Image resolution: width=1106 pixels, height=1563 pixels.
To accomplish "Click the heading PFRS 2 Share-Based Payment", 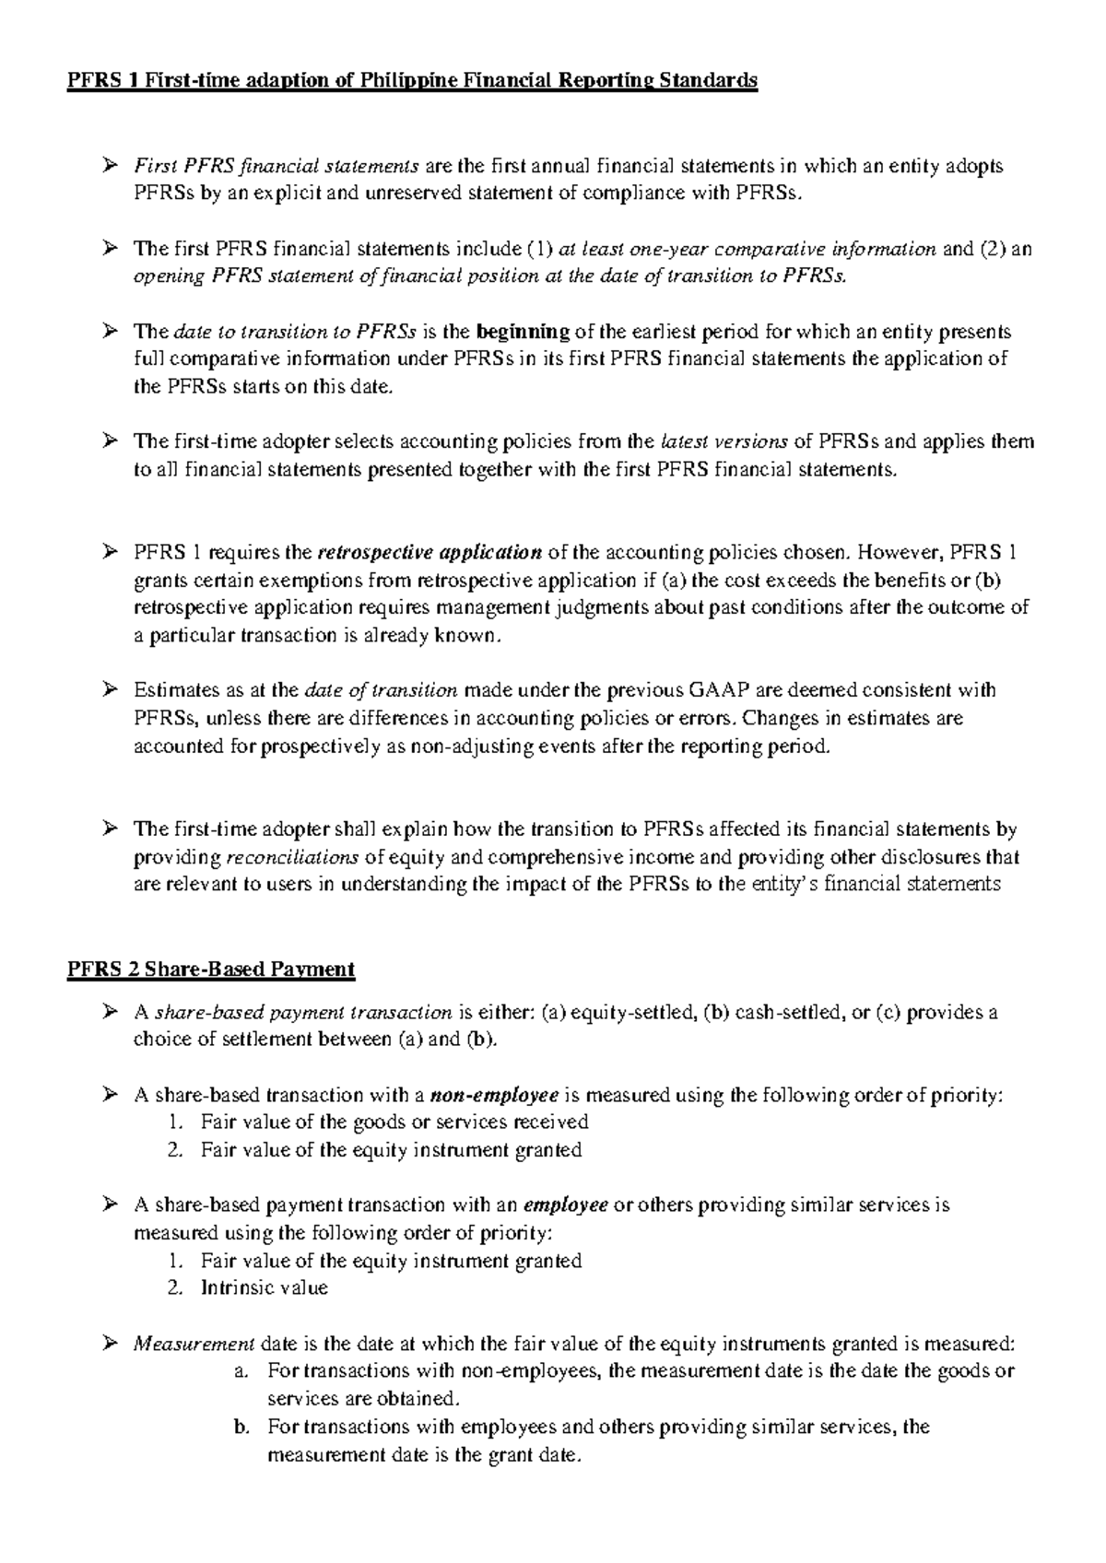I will [x=210, y=970].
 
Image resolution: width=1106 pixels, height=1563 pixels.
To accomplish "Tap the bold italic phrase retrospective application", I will [x=429, y=553].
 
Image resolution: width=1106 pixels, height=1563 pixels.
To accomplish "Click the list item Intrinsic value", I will [x=264, y=1288].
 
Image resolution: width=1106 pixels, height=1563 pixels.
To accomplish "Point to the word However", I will [x=899, y=553].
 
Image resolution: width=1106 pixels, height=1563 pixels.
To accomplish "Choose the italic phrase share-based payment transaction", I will [x=303, y=1013].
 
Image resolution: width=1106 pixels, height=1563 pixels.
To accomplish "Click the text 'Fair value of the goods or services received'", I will [x=394, y=1122].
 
